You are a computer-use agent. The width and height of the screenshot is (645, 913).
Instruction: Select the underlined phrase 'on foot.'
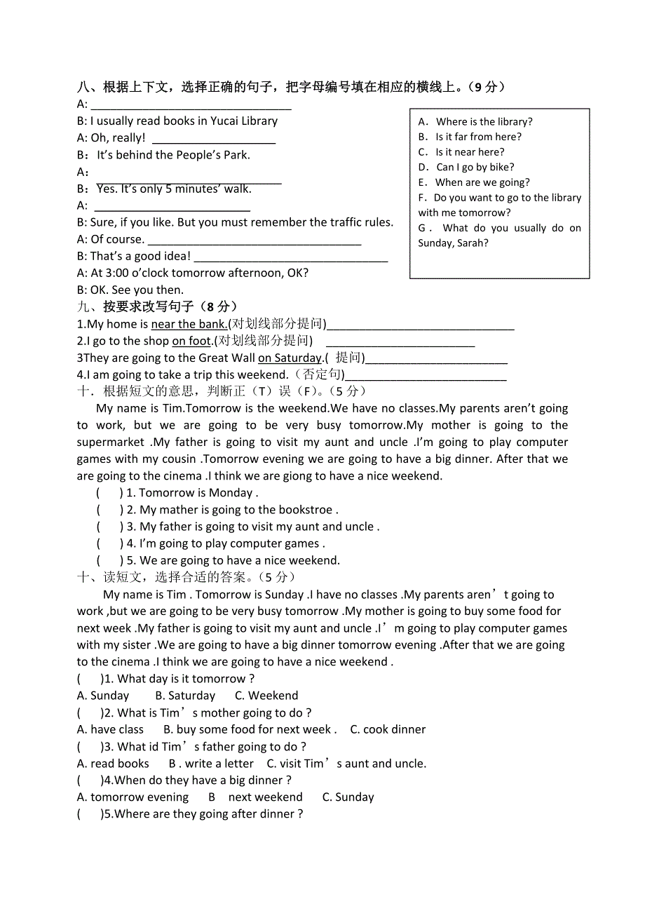pos(192,341)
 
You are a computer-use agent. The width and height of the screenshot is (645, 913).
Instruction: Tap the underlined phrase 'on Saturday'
pos(290,358)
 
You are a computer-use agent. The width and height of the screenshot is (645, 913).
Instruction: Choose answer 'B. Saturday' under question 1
pos(185,696)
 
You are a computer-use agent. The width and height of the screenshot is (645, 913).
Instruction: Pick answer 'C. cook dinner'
pos(388,729)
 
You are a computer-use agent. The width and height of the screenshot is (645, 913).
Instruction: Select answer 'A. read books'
pos(113,764)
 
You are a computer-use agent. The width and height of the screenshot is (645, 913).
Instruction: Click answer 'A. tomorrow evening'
pos(133,797)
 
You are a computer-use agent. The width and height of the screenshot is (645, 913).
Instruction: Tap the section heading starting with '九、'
pos(157,306)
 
